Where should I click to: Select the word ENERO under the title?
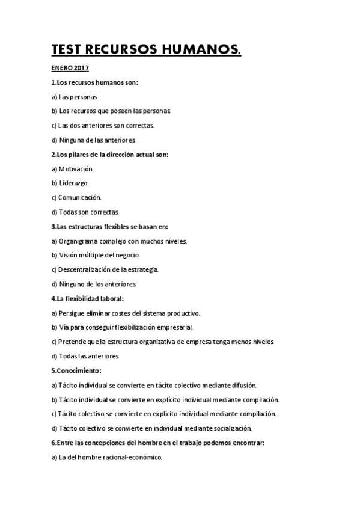[61, 69]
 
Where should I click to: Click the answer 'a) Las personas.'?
[75, 97]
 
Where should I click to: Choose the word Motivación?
[76, 169]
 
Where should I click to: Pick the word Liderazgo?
[74, 183]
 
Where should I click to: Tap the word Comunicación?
[80, 197]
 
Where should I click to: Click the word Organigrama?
[80, 241]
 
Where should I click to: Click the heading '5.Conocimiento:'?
[76, 370]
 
